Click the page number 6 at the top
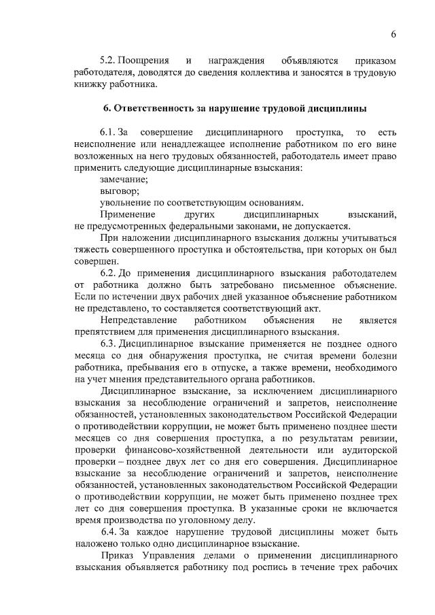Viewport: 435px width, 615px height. point(393,35)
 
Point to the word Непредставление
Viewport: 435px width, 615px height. point(139,320)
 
